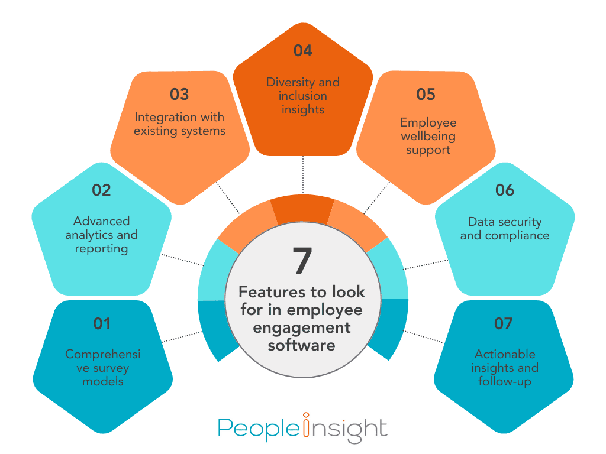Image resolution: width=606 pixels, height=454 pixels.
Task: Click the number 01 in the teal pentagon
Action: click(x=102, y=323)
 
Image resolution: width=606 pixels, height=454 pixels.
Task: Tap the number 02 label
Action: click(x=101, y=190)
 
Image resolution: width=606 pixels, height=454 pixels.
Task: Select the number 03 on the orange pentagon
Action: click(x=179, y=94)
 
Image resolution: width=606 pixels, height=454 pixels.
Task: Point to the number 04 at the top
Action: click(x=302, y=51)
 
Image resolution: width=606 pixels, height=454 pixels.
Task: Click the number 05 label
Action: click(x=426, y=94)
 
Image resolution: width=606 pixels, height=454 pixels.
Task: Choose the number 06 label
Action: click(x=505, y=190)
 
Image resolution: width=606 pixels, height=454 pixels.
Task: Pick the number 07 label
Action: click(x=503, y=323)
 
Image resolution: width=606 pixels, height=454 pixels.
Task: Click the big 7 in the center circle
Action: click(x=302, y=261)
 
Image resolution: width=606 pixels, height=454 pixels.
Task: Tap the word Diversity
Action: click(x=290, y=83)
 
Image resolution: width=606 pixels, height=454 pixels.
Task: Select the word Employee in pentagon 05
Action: click(x=428, y=123)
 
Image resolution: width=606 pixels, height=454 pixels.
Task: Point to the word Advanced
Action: click(x=101, y=221)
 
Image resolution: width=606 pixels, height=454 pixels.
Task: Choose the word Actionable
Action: click(x=505, y=354)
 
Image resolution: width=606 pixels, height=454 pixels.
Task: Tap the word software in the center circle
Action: click(x=301, y=345)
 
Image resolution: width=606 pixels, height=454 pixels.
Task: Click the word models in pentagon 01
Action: click(x=103, y=381)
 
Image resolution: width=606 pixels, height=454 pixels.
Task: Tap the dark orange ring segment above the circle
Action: click(x=302, y=210)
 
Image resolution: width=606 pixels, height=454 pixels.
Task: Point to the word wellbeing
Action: click(x=428, y=137)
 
